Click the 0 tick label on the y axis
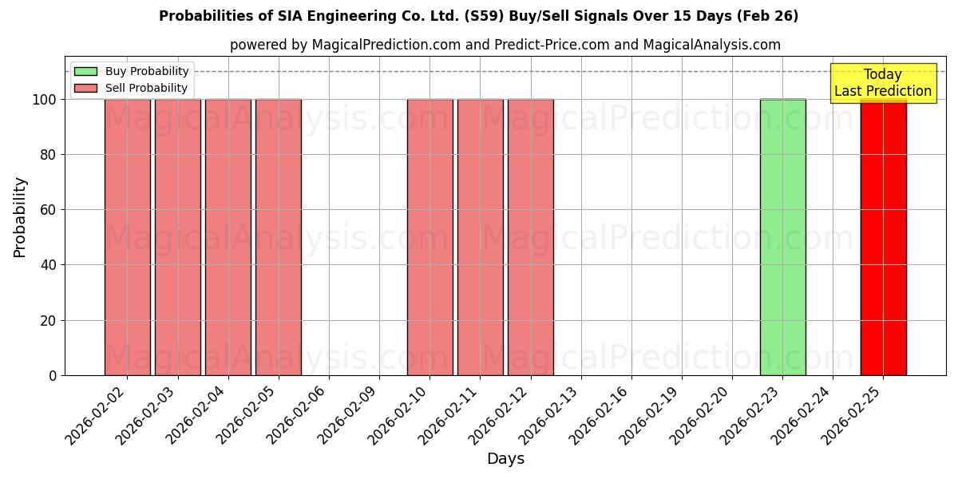click(x=53, y=375)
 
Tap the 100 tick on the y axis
click(x=46, y=100)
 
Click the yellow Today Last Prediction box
click(x=882, y=83)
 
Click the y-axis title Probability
click(x=20, y=217)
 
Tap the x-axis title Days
click(x=505, y=459)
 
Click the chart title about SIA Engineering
click(x=478, y=16)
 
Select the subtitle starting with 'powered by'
click(x=505, y=45)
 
